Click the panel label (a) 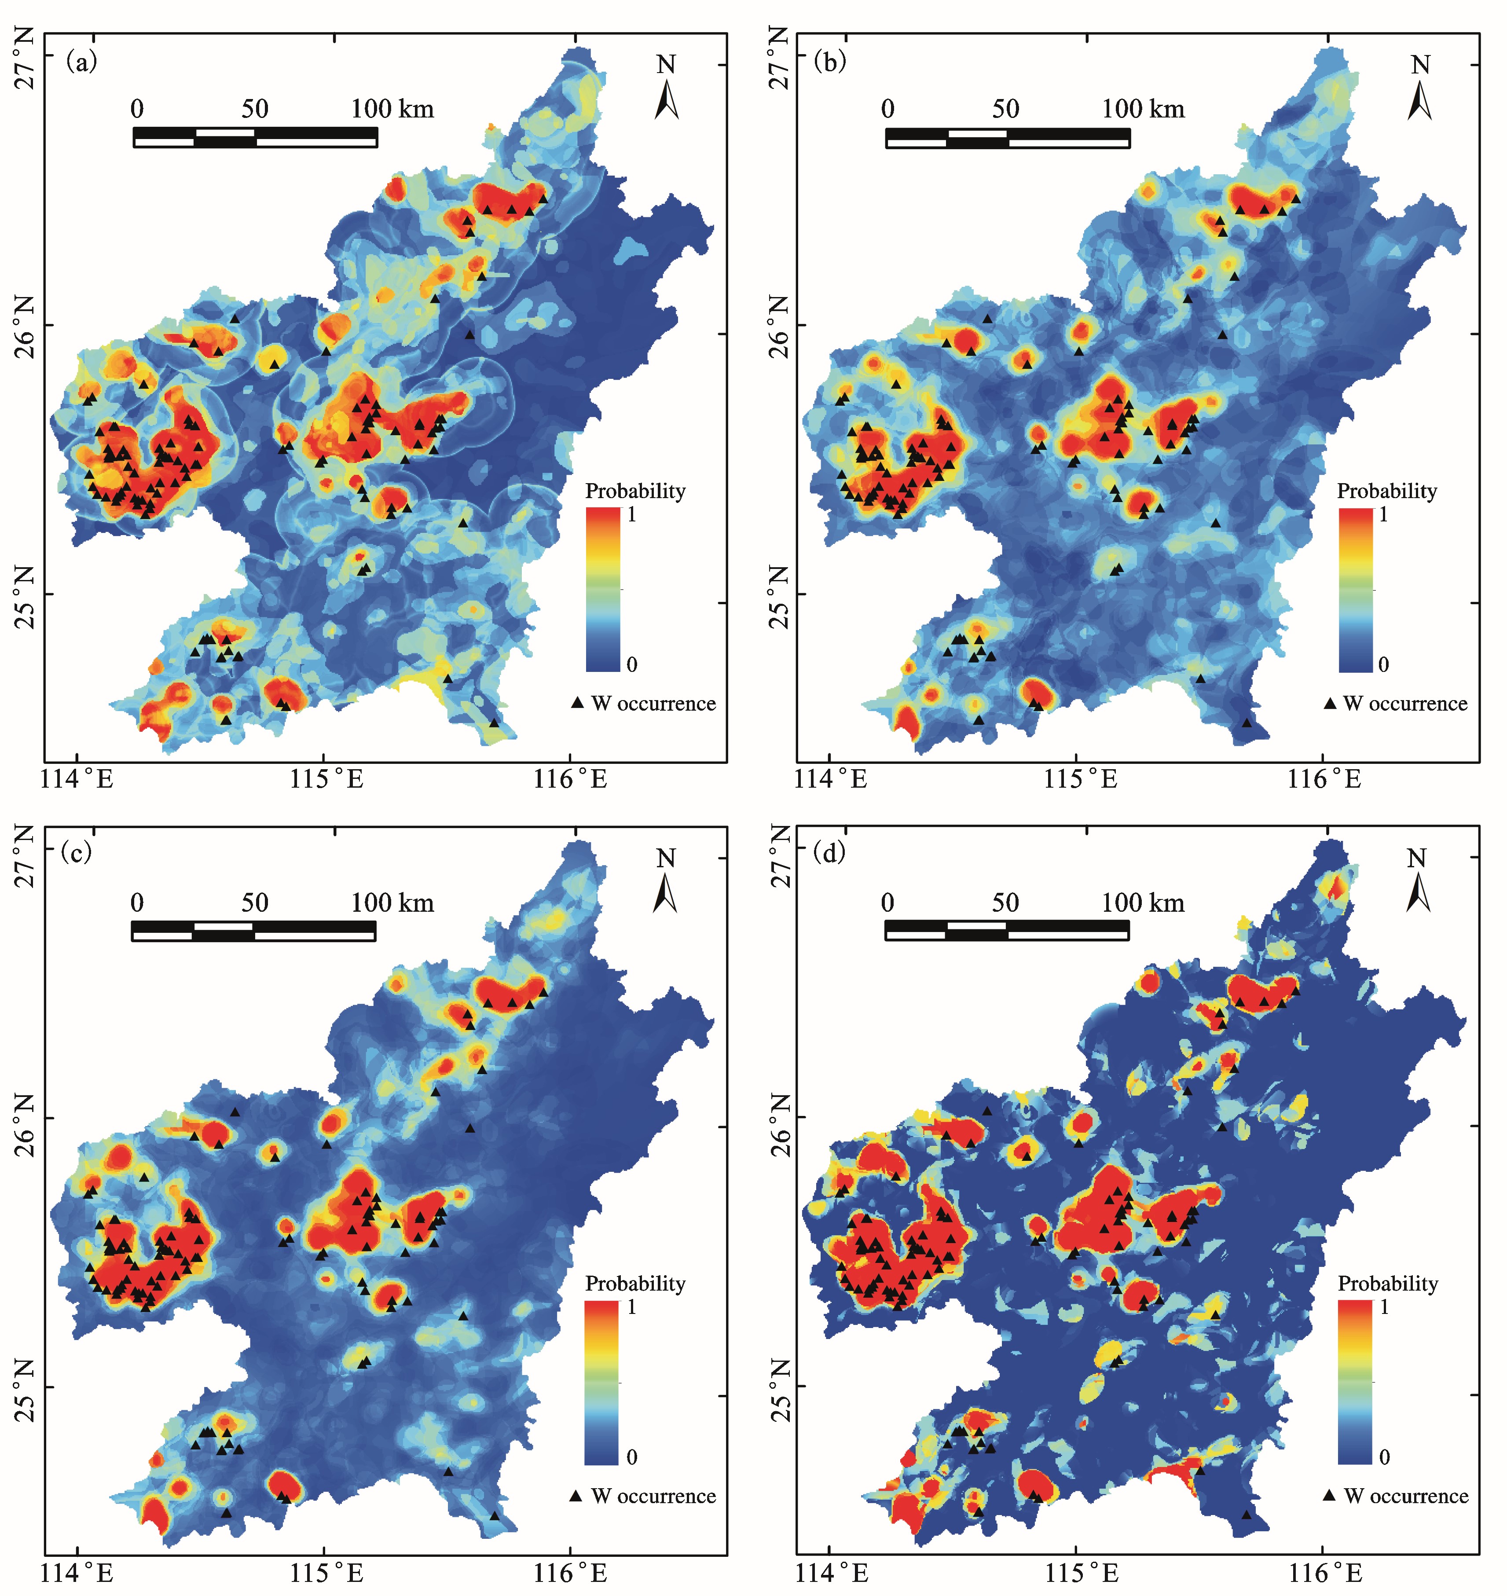click(x=81, y=62)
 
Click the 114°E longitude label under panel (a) click(x=81, y=779)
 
